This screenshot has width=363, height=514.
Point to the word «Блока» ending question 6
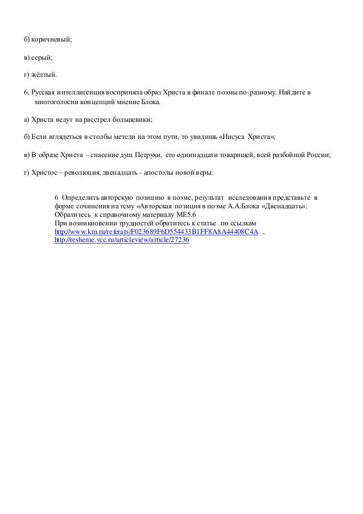click(x=151, y=102)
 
